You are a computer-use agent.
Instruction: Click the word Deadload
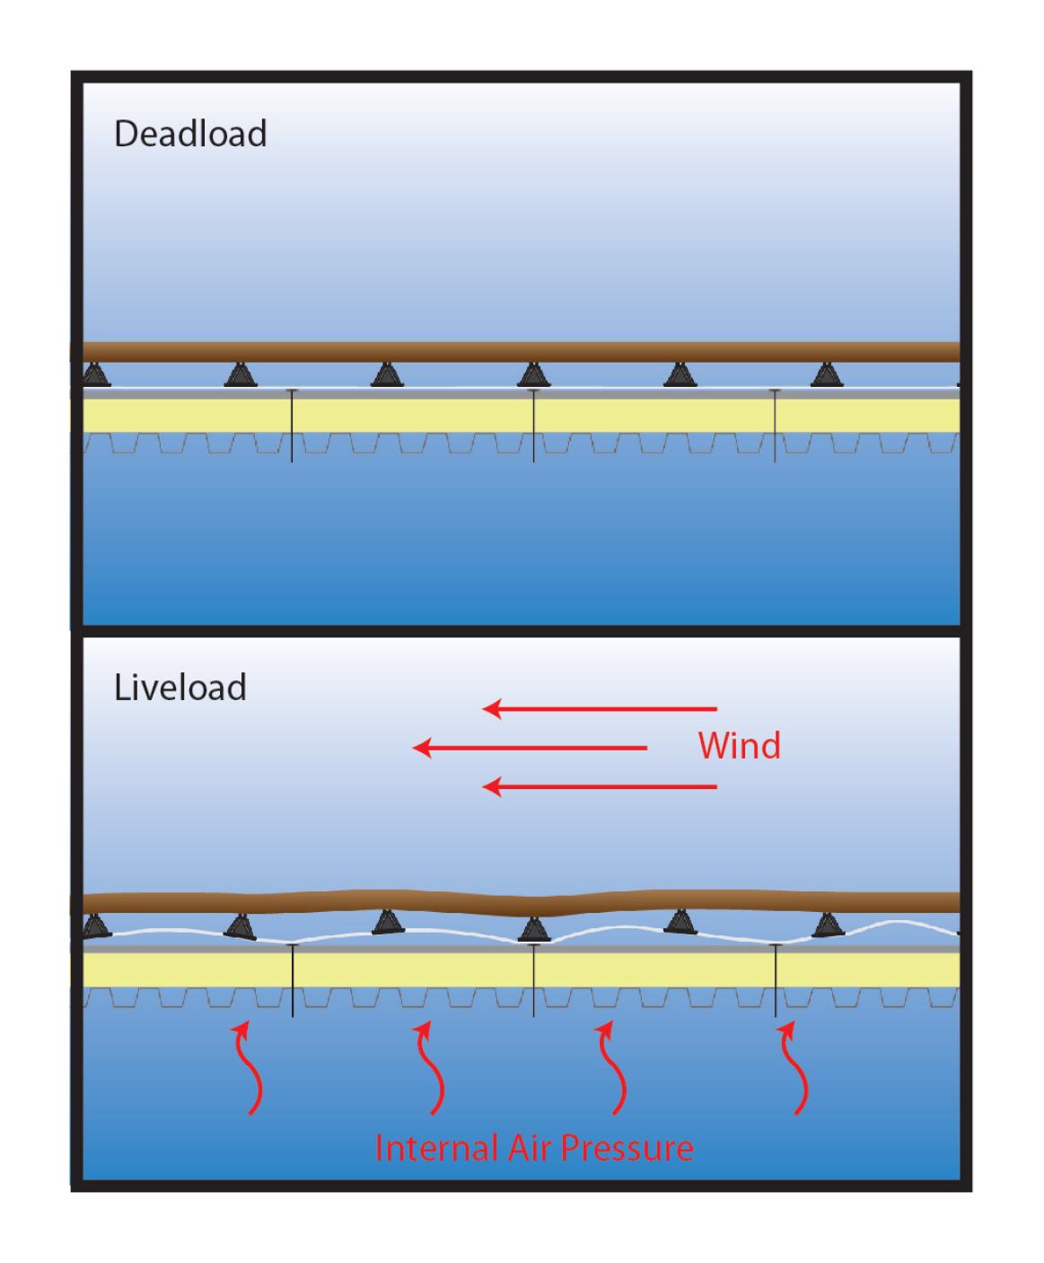(x=190, y=134)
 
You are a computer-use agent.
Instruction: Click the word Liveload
(x=180, y=688)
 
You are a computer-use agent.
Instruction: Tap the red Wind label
(x=739, y=745)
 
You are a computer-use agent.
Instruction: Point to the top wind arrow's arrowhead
(x=491, y=709)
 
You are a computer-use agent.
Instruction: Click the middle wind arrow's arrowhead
(x=421, y=748)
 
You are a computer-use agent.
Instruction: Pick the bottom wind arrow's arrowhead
(x=491, y=787)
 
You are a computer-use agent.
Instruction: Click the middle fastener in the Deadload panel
(x=534, y=425)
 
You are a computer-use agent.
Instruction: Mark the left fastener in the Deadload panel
(x=292, y=425)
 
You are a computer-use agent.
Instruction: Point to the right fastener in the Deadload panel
(x=776, y=425)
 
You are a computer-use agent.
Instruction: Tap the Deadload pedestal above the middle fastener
(x=533, y=374)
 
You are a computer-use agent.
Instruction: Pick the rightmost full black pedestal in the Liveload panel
(x=828, y=925)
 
